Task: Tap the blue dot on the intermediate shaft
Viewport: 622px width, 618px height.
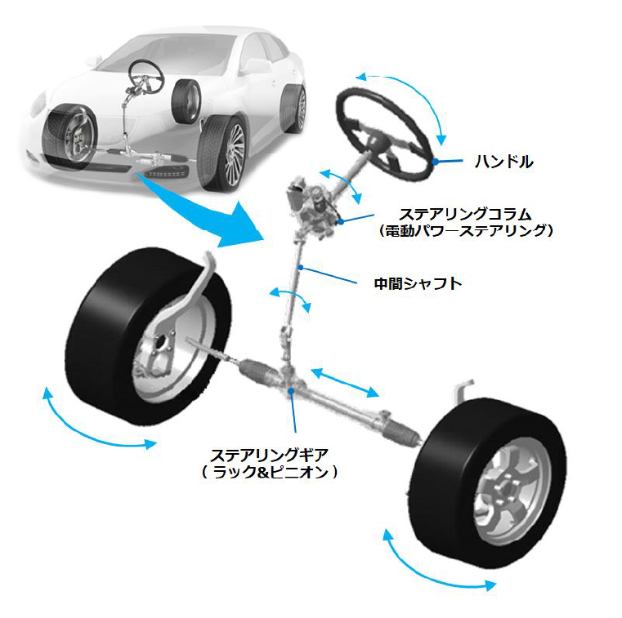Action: (x=302, y=267)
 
